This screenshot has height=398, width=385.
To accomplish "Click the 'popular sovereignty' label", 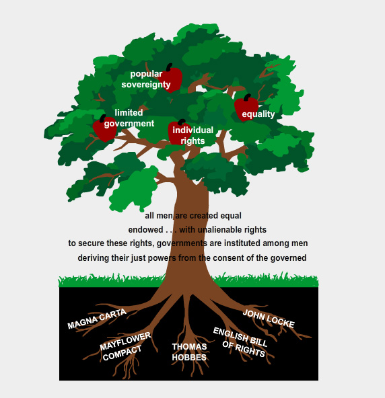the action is pyautogui.click(x=146, y=79).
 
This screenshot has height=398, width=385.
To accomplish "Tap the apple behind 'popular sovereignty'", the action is pyautogui.click(x=172, y=79).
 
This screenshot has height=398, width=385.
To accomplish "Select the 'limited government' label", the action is pyautogui.click(x=129, y=118).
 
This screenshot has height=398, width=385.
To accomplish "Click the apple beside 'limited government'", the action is pyautogui.click(x=105, y=128).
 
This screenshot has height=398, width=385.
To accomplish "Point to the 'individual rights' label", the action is pyautogui.click(x=193, y=135).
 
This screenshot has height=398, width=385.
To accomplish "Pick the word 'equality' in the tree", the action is pyautogui.click(x=258, y=114).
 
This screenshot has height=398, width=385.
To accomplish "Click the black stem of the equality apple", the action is pyautogui.click(x=247, y=97).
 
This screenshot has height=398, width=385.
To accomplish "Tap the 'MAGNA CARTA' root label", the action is pyautogui.click(x=97, y=319).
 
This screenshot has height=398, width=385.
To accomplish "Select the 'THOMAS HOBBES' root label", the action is pyautogui.click(x=189, y=352).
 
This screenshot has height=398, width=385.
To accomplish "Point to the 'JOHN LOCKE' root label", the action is pyautogui.click(x=269, y=319).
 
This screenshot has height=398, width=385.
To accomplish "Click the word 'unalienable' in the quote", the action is pyautogui.click(x=220, y=230).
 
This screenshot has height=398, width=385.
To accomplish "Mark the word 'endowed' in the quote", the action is pyautogui.click(x=145, y=230).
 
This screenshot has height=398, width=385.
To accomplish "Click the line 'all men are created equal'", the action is pyautogui.click(x=193, y=216).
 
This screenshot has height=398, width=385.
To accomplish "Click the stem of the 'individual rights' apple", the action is pyautogui.click(x=182, y=122).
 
